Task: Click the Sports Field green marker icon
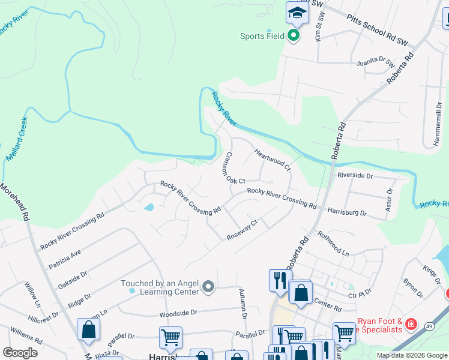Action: pyautogui.click(x=294, y=36)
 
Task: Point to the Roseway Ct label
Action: pyautogui.click(x=242, y=230)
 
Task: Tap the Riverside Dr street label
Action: pyautogui.click(x=355, y=176)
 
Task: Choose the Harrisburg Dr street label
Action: pyautogui.click(x=347, y=212)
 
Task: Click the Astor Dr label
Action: pyautogui.click(x=389, y=200)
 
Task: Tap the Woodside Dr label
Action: pyautogui.click(x=178, y=313)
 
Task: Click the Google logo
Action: pyautogui.click(x=20, y=352)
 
